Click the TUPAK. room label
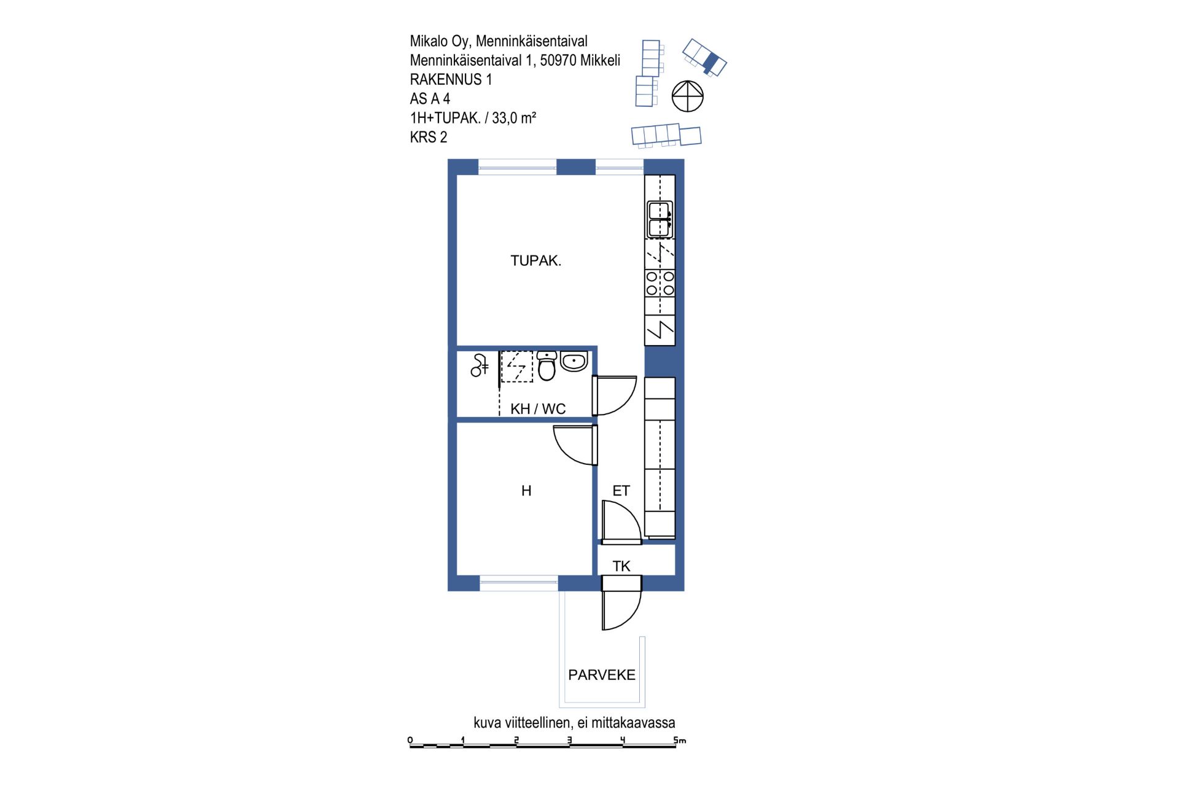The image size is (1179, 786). (x=535, y=260)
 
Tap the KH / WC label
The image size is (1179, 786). (x=538, y=409)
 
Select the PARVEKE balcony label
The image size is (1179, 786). (x=602, y=675)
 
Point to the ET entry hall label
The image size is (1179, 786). (x=621, y=491)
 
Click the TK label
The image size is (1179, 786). (x=621, y=566)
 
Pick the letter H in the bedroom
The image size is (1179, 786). (x=526, y=491)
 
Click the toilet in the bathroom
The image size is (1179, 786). (x=547, y=365)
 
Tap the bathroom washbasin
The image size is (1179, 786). (x=574, y=361)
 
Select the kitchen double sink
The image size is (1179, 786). (x=660, y=219)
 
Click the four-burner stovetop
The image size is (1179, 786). (x=660, y=283)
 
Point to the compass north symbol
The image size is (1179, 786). (x=687, y=96)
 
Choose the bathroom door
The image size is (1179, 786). (x=614, y=395)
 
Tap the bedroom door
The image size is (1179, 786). (x=576, y=445)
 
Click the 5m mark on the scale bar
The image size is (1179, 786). (x=679, y=740)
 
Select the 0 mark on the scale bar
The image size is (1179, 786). (x=410, y=740)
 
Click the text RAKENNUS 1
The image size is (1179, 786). (x=451, y=79)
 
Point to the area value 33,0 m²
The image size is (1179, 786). (x=514, y=117)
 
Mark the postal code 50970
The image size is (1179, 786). (x=558, y=60)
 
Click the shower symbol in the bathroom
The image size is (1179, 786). (x=479, y=365)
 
